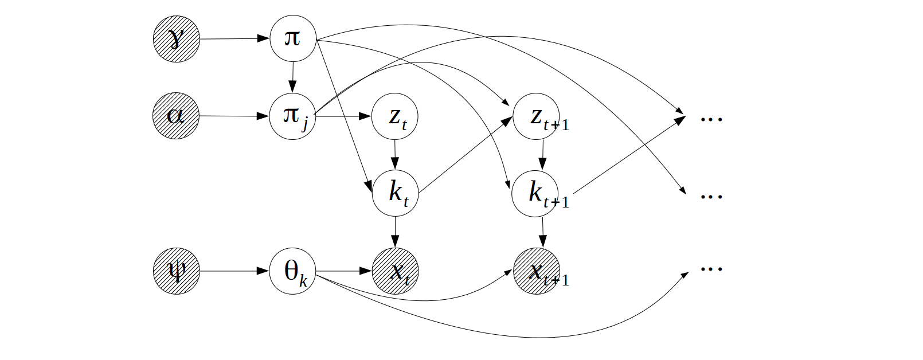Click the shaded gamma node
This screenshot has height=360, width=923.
point(177,39)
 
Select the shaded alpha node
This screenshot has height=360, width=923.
point(176,116)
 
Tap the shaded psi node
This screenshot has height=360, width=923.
point(177,271)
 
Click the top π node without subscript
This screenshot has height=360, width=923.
point(292,38)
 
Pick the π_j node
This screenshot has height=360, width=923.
point(292,116)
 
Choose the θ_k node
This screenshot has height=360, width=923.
point(292,271)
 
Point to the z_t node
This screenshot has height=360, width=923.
point(395,116)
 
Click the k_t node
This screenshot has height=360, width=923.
point(395,193)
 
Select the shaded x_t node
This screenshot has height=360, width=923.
point(396,271)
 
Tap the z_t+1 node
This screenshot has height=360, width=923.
point(536,116)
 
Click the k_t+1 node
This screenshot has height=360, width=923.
point(535,193)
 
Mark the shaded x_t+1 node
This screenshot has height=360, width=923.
point(537,271)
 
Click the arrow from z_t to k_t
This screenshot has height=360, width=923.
point(395,155)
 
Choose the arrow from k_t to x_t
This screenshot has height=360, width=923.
point(395,232)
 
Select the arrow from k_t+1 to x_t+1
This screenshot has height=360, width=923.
point(543,232)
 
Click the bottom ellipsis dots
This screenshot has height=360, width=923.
point(711,268)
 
